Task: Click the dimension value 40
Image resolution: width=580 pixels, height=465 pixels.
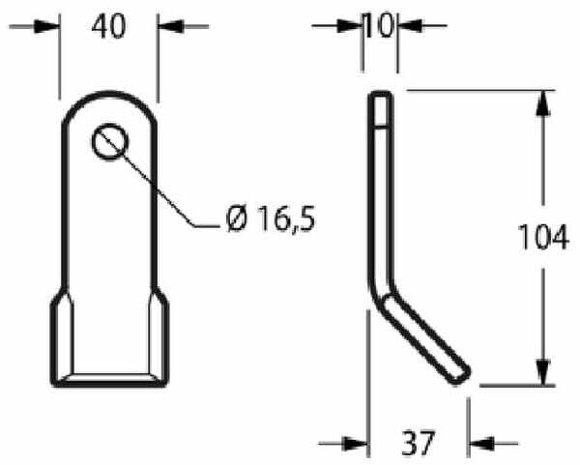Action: click(x=108, y=27)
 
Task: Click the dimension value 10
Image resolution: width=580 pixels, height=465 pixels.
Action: click(x=379, y=25)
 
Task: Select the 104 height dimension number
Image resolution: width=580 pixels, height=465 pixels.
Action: click(x=543, y=237)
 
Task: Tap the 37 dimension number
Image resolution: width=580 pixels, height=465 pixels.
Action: click(x=418, y=443)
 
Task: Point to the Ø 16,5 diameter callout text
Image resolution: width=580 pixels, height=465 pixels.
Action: click(x=271, y=219)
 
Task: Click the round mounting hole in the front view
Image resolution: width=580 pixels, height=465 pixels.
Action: click(x=110, y=142)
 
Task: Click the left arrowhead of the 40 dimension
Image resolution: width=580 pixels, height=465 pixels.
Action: click(x=46, y=26)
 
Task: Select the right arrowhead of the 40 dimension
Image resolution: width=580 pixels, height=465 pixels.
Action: click(x=171, y=26)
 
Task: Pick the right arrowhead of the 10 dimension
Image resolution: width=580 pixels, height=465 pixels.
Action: click(x=411, y=25)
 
